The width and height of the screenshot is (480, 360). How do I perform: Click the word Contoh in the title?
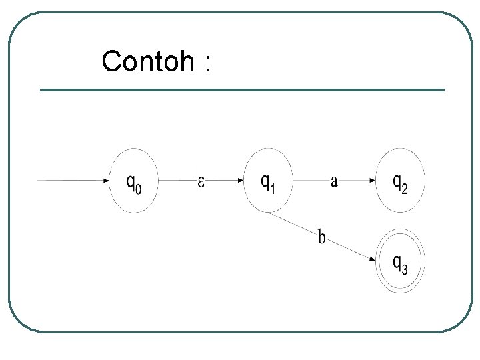click(147, 62)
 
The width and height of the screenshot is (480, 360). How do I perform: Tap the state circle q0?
click(134, 181)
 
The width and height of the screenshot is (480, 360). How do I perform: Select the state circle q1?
click(268, 181)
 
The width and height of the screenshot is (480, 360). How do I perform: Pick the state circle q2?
click(400, 181)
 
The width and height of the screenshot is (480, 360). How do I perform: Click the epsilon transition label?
click(200, 181)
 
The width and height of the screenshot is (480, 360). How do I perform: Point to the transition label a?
click(333, 181)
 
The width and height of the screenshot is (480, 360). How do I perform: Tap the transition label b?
click(322, 237)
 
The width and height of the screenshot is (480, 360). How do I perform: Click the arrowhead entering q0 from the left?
click(106, 180)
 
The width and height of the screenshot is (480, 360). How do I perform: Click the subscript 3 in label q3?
click(404, 269)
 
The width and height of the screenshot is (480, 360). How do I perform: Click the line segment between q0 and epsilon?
click(175, 180)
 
